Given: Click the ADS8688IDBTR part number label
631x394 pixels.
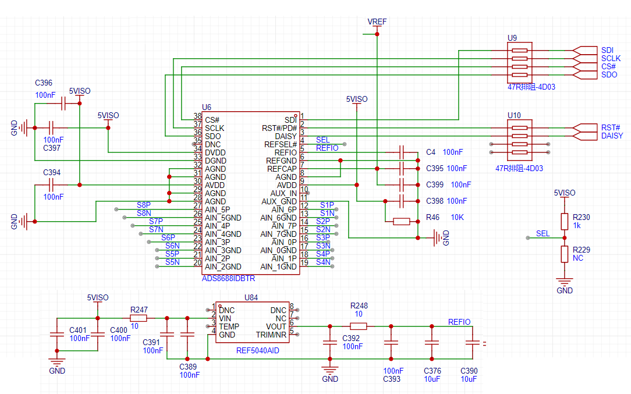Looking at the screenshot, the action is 228,279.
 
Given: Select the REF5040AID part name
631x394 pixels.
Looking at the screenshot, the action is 257,350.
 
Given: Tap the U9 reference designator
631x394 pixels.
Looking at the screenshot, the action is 512,38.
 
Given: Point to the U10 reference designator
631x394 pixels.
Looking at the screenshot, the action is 514,115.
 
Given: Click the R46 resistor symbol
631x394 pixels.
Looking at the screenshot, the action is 401,221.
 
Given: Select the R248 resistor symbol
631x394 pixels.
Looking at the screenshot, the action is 358,326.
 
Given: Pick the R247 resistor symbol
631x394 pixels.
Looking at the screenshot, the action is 139,318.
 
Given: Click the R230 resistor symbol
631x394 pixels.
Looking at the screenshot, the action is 565,221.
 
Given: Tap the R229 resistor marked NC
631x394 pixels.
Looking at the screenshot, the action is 565,254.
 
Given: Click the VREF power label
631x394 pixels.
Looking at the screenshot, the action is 377,22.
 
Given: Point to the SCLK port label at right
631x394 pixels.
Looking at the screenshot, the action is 611,58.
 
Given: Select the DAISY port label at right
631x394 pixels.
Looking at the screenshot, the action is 612,136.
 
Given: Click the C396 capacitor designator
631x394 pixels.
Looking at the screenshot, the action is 44,83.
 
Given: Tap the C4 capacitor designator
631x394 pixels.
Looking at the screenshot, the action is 431,152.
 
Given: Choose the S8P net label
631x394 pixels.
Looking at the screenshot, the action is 144,205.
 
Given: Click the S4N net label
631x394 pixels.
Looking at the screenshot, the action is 323,262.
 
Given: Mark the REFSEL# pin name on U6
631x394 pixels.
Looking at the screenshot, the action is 281,144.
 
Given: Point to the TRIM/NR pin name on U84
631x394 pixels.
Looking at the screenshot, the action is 271,335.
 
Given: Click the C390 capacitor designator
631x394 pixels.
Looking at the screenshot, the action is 469,371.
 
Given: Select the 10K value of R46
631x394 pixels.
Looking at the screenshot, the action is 457,217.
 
